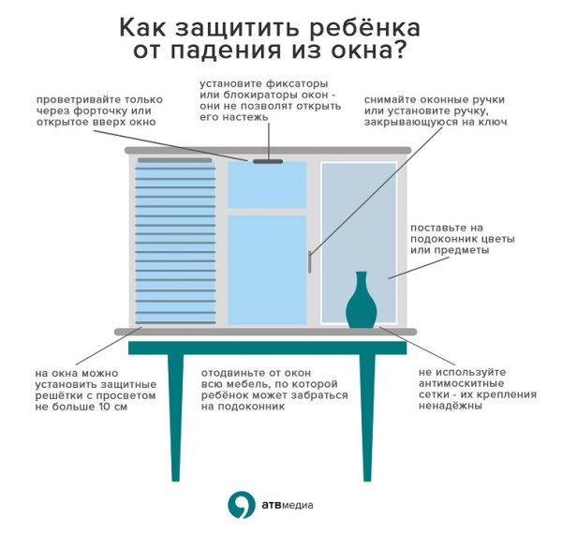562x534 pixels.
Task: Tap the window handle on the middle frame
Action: [309, 261]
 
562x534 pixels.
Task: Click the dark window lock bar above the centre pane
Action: [268, 162]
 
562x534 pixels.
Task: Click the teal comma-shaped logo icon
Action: [242, 504]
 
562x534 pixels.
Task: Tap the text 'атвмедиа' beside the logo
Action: [288, 505]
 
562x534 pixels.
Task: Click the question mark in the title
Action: [399, 51]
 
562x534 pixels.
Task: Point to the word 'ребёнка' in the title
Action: [364, 27]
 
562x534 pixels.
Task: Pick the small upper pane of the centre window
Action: [267, 185]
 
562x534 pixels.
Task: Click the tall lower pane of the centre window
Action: [267, 270]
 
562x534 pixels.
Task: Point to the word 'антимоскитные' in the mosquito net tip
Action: [461, 383]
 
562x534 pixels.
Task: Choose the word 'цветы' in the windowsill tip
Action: [498, 239]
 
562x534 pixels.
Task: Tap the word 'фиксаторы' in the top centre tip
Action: [297, 84]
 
